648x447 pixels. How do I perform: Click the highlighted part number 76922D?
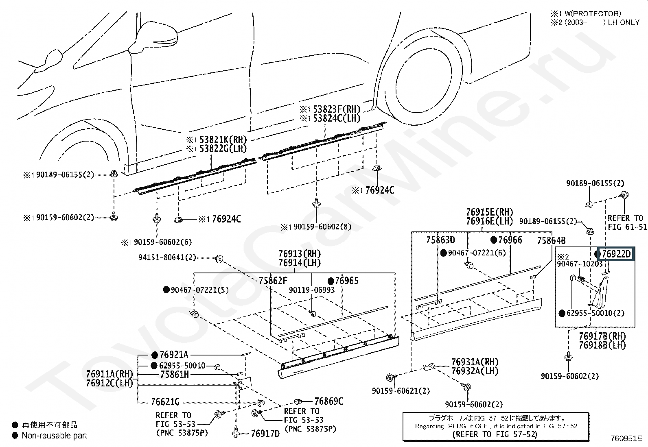pyautogui.click(x=616, y=254)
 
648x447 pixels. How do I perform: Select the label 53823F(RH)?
pyautogui.click(x=337, y=109)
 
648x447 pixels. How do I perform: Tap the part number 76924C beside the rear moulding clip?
pyautogui.click(x=380, y=190)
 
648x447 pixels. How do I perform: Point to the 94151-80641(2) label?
pyautogui.click(x=167, y=257)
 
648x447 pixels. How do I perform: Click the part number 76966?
pyautogui.click(x=510, y=240)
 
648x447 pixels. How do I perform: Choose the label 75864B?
pyautogui.click(x=551, y=240)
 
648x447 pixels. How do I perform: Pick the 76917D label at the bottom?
pyautogui.click(x=265, y=434)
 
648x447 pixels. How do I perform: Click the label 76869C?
pyautogui.click(x=328, y=401)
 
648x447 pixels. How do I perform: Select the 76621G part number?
pyautogui.click(x=165, y=402)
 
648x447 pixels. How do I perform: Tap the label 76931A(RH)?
pyautogui.click(x=475, y=362)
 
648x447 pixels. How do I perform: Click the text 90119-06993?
pyautogui.click(x=311, y=290)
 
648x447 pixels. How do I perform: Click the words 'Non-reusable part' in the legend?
pyautogui.click(x=55, y=436)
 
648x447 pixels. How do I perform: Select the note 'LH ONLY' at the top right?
pyautogui.click(x=624, y=22)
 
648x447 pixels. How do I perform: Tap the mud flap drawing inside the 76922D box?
pyautogui.click(x=599, y=292)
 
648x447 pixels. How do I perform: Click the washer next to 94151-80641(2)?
pyautogui.click(x=219, y=259)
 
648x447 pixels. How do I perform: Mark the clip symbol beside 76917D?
pyautogui.click(x=236, y=432)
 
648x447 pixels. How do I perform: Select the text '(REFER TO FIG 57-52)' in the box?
pyautogui.click(x=495, y=434)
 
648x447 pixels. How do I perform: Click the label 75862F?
pyautogui.click(x=273, y=281)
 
